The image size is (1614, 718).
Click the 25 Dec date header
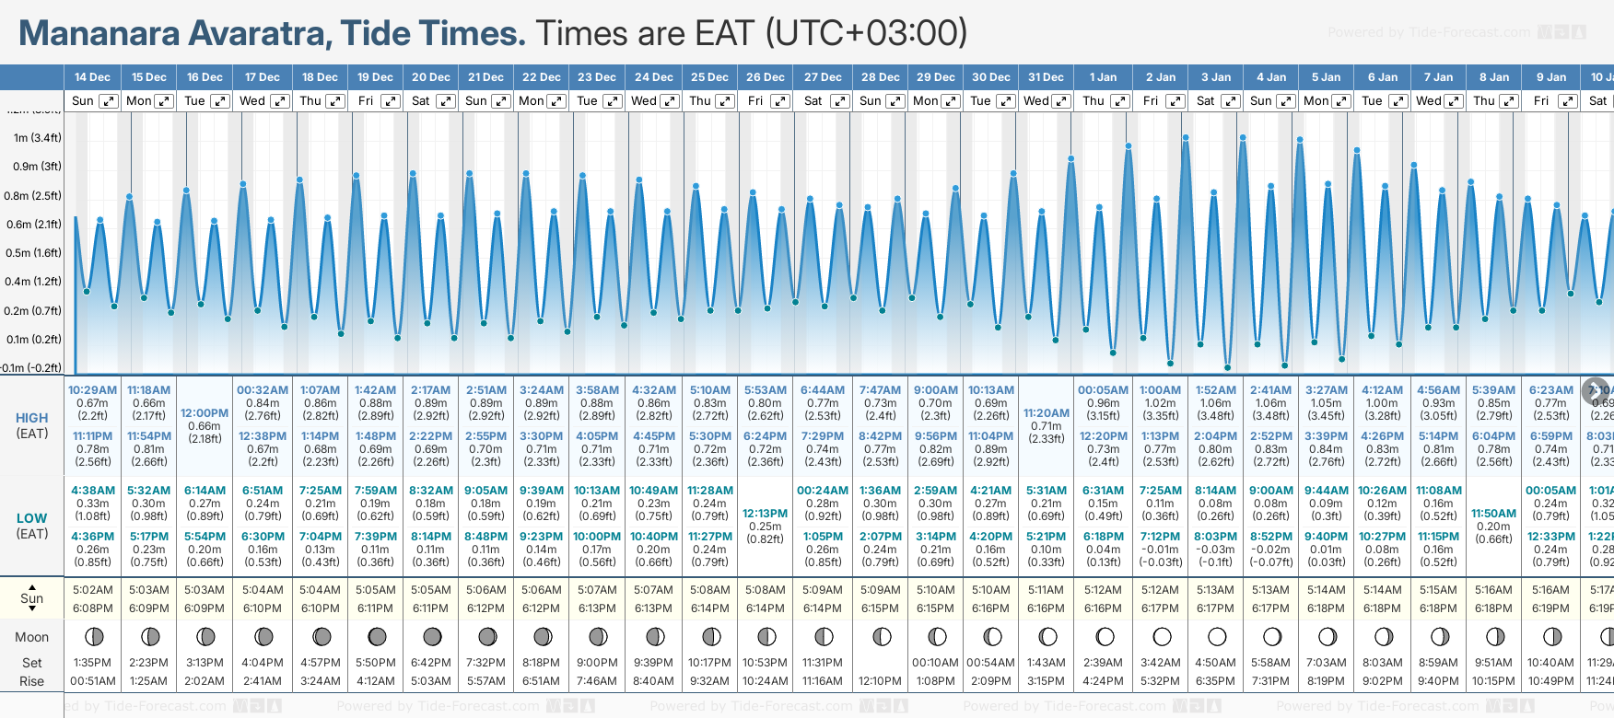click(709, 77)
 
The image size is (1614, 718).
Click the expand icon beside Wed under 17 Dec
click(280, 101)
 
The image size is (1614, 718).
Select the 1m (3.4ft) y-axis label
click(37, 138)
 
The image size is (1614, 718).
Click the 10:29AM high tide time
click(92, 390)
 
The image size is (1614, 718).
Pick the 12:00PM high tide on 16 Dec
click(205, 413)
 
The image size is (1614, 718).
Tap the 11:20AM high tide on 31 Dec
click(1047, 413)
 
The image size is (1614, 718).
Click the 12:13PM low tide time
click(766, 514)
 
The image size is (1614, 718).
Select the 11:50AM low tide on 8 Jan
click(1493, 514)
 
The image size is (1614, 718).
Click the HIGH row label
click(32, 418)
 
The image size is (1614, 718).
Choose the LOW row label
click(32, 518)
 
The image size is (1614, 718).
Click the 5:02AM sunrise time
click(92, 590)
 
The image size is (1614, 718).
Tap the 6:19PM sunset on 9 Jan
click(1550, 608)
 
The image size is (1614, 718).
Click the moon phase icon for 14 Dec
click(92, 636)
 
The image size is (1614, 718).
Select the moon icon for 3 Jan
click(1216, 636)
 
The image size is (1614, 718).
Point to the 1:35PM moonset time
click(92, 663)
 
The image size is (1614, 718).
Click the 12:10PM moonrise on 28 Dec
click(880, 681)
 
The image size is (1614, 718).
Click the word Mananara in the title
click(99, 34)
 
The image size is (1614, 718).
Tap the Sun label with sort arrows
click(32, 598)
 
